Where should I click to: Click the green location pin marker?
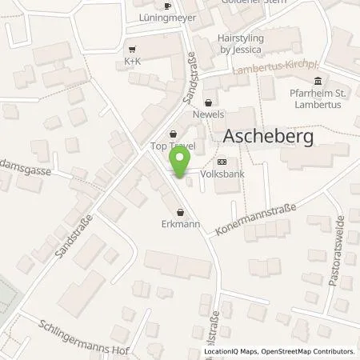pos(181,162)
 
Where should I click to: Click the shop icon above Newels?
pos(209,102)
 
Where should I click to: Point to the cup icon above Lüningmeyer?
pos(166,6)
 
